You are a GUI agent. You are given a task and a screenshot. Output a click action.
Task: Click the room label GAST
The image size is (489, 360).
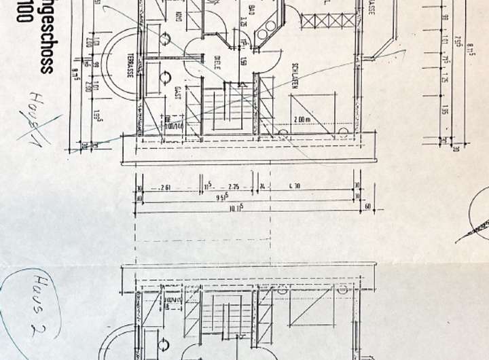point(177,94)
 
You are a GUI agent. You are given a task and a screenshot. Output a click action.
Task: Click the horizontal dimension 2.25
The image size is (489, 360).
point(233,187)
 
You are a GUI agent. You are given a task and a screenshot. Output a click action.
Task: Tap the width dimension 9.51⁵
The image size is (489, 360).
point(222,199)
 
